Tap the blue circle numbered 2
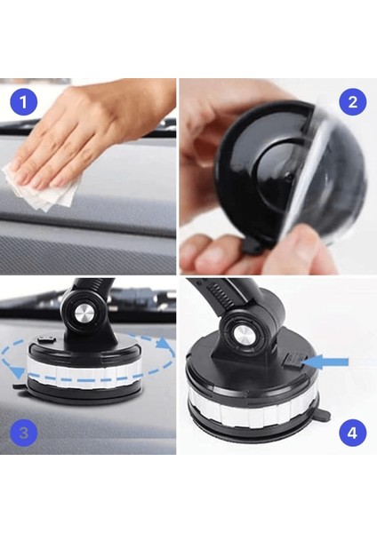coord(351,101)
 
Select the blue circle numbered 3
coord(25,433)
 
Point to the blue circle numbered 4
coord(351,433)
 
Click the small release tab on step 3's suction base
coord(20,387)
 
